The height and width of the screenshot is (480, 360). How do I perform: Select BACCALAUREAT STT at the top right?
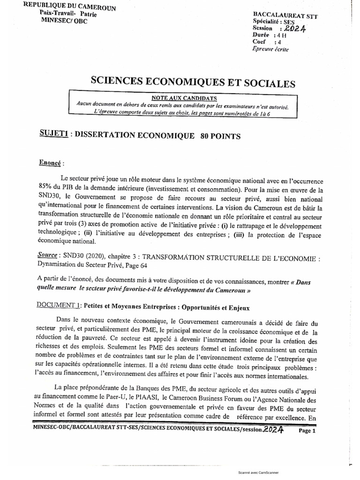coord(285,15)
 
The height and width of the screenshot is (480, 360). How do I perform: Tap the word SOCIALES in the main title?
coord(267,84)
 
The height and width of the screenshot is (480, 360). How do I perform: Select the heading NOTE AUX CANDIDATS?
coord(184,98)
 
